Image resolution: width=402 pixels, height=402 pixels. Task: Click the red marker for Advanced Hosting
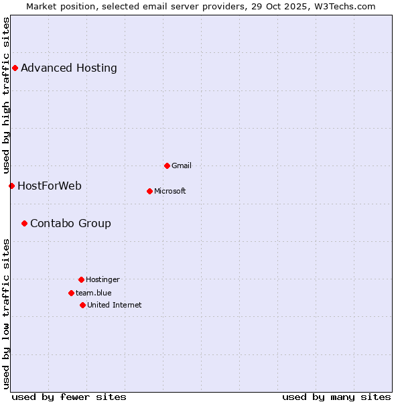(x=15, y=68)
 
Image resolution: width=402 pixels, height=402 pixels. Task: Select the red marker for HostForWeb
(x=11, y=186)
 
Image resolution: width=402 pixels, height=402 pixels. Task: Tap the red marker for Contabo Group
(x=24, y=223)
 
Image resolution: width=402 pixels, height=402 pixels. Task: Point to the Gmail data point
(x=167, y=165)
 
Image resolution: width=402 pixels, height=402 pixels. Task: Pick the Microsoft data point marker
(x=149, y=191)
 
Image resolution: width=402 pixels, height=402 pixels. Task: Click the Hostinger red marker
(x=81, y=279)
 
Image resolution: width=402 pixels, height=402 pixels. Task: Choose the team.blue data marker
(x=71, y=293)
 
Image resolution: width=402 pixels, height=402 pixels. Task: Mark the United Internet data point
(x=82, y=305)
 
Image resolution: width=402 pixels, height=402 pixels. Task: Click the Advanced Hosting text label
(x=69, y=68)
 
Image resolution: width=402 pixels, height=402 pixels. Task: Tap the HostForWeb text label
(x=50, y=186)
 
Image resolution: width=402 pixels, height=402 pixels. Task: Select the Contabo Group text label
(x=70, y=223)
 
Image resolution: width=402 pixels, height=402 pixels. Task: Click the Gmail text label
(x=182, y=165)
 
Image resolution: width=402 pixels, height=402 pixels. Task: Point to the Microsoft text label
(x=170, y=191)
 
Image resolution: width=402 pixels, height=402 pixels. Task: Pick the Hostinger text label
(x=103, y=279)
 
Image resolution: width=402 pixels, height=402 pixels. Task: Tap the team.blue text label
(x=94, y=293)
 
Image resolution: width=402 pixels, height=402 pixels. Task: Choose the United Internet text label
(x=115, y=305)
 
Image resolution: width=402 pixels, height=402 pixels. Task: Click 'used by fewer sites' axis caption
(x=69, y=397)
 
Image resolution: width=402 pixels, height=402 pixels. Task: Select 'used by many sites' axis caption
(x=336, y=397)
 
